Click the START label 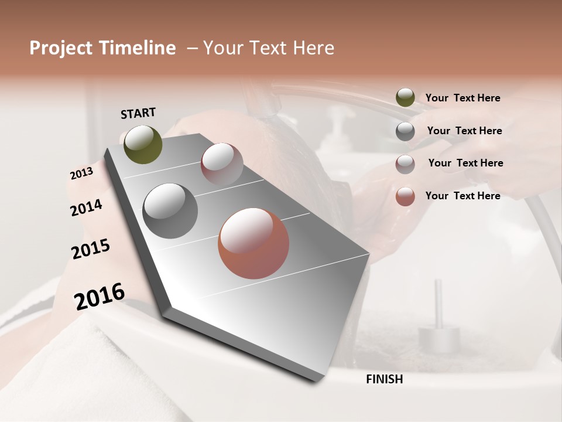pos(138,113)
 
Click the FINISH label pos(384,379)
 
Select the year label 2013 pos(81,173)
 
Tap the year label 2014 pos(86,208)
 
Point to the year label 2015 pos(91,249)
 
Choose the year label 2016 pos(100,296)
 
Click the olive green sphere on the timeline pos(143,144)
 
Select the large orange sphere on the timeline pos(253,243)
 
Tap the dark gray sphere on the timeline pos(170,211)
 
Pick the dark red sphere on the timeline pos(222,164)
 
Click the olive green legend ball pos(405,98)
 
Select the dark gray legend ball pos(405,131)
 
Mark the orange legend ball pos(405,196)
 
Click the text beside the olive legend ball pos(462,98)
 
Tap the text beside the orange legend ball pos(462,196)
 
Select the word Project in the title pos(61,48)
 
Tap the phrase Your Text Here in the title pos(269,48)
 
